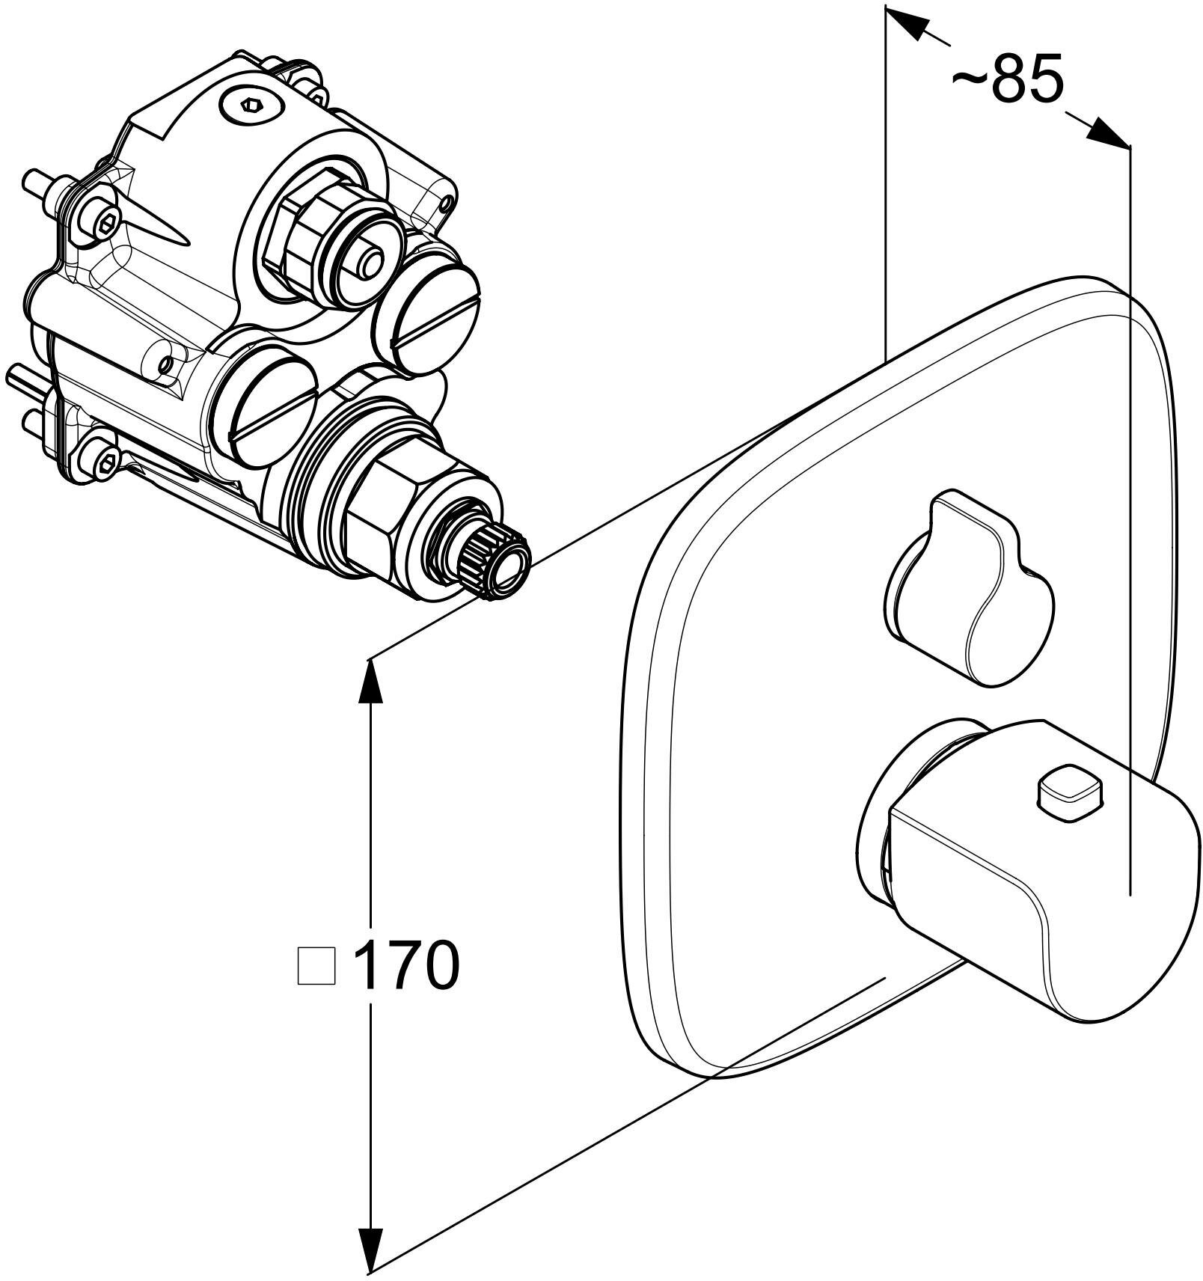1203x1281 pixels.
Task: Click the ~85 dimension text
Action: point(1006,78)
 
